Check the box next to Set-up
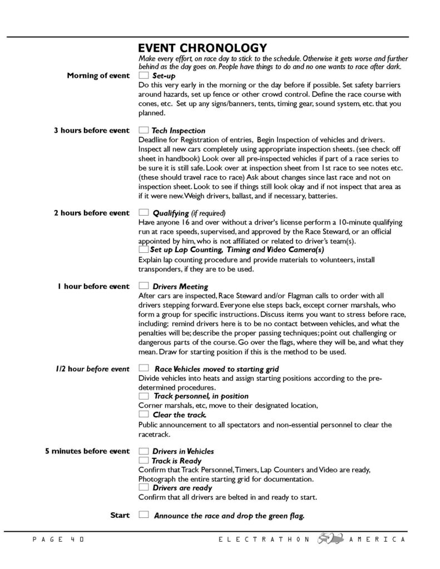(144, 75)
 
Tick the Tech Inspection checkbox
(144, 130)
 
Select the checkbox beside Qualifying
(144, 212)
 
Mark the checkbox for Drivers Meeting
(144, 286)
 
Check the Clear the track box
(144, 415)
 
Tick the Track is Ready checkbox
(144, 461)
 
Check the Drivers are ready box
(144, 487)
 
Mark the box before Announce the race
(144, 515)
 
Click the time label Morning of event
(98, 76)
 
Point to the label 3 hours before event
(91, 131)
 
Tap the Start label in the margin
(120, 515)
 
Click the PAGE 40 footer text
(57, 540)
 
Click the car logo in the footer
(329, 539)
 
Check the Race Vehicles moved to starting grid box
(144, 368)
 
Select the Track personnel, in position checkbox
(144, 396)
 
